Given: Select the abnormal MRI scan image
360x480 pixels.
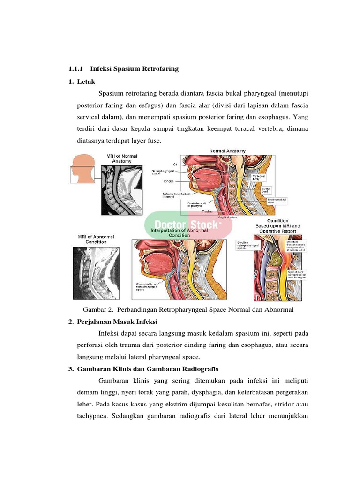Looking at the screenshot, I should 95,273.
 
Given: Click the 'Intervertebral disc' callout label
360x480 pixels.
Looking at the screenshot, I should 277,201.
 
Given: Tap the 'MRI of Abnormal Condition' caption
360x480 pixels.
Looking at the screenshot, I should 96,239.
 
